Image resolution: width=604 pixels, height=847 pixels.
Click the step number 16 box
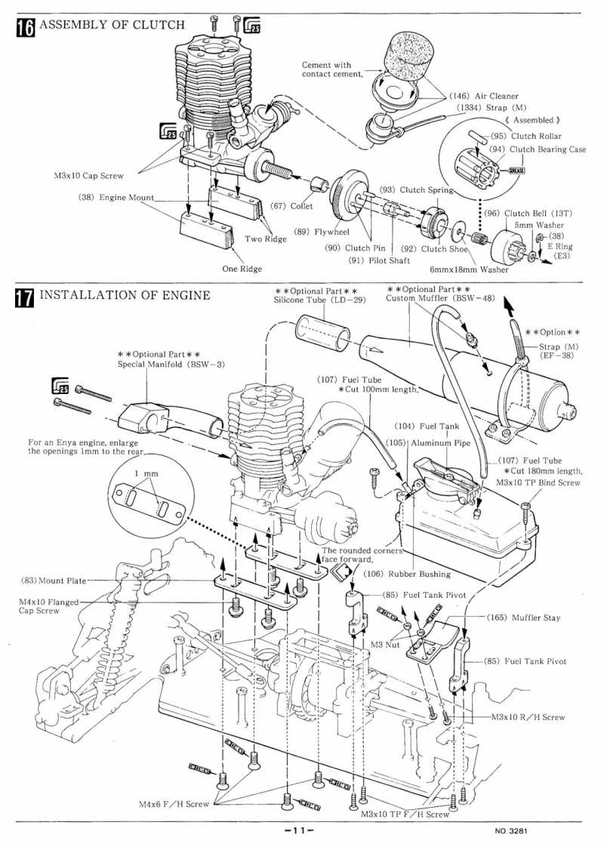[26, 27]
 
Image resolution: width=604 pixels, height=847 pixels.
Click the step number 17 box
[26, 297]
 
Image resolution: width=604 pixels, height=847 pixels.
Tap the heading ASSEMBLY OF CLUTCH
[112, 25]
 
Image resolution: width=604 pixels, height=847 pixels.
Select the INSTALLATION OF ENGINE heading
[125, 295]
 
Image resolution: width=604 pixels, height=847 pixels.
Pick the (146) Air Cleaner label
[484, 96]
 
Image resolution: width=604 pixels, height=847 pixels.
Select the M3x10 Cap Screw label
[88, 175]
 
